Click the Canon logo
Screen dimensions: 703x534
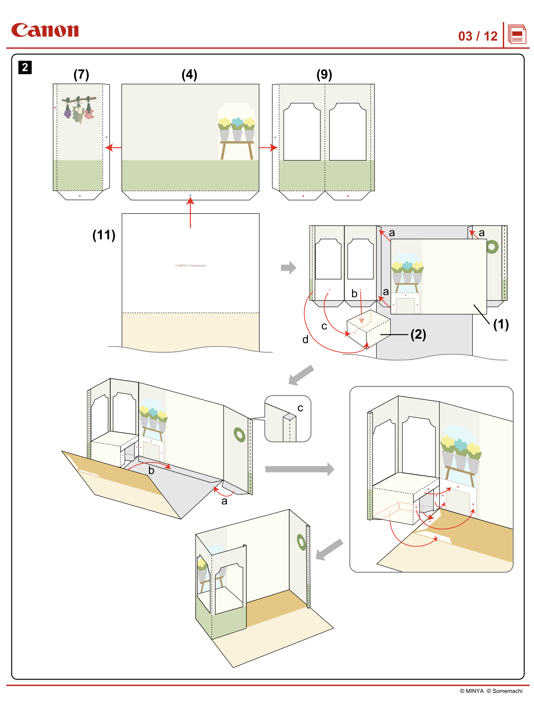45,30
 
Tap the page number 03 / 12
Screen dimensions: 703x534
478,36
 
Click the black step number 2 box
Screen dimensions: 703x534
25,67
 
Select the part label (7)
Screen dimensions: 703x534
81,75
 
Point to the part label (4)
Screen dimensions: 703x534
189,75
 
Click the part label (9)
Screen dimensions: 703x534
324,75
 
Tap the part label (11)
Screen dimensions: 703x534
104,235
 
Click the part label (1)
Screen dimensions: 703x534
501,325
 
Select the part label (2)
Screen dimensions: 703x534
418,335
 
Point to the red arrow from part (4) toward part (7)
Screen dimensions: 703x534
113,148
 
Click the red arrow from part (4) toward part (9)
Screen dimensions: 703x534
268,148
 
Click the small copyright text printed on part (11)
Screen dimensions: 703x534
190,266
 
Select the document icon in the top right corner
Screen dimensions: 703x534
517,34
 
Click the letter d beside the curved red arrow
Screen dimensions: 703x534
305,340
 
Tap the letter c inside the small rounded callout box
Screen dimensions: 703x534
300,408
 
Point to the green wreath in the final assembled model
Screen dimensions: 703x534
301,542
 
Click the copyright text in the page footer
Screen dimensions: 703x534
491,691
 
